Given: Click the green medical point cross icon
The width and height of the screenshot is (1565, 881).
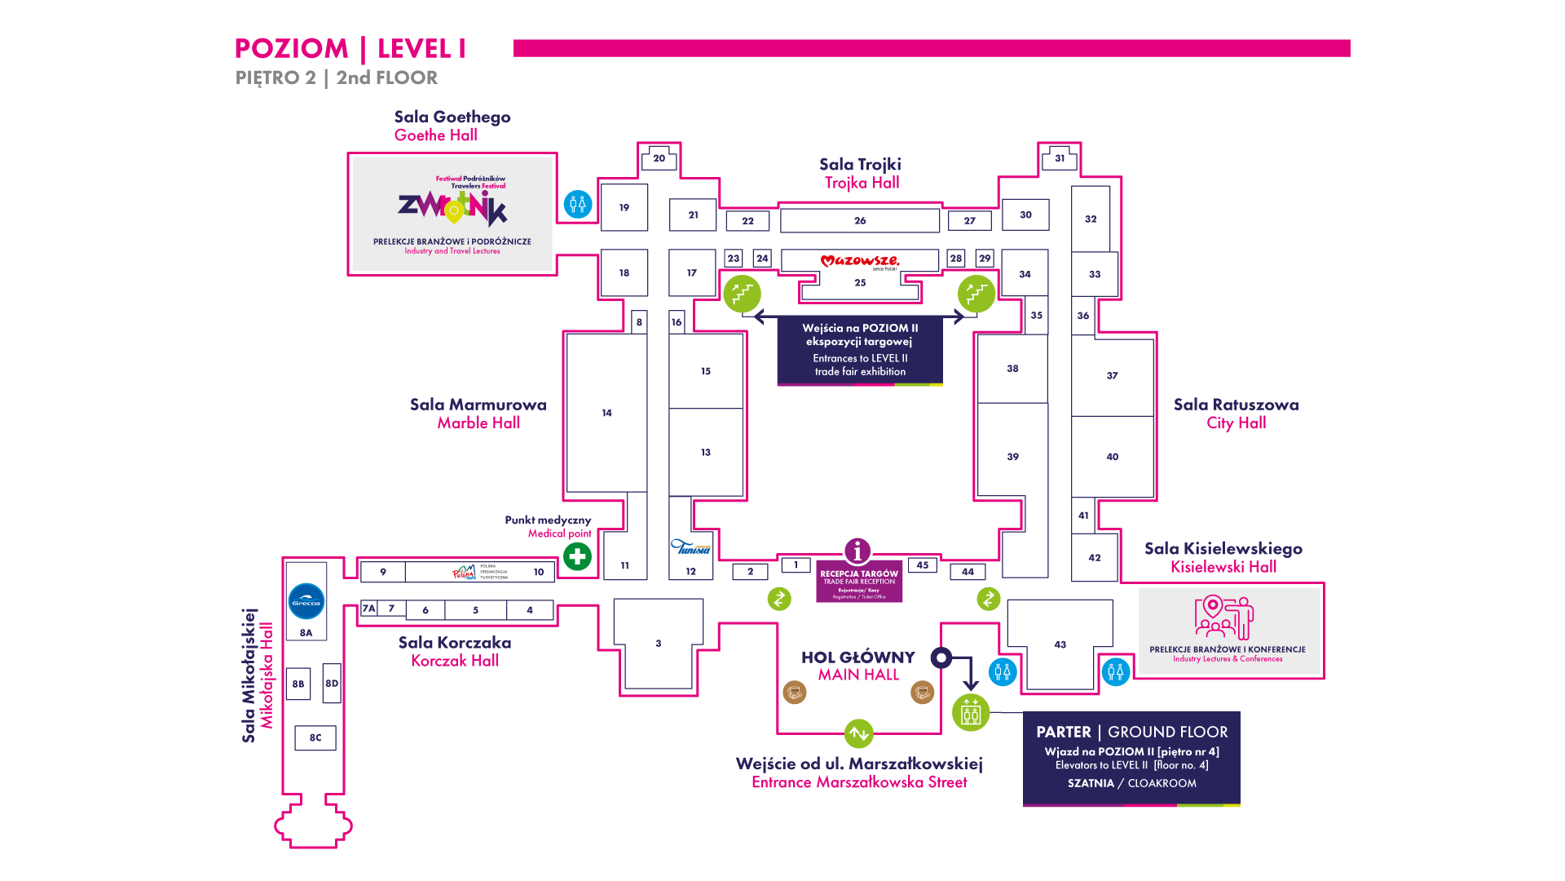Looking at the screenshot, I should point(577,557).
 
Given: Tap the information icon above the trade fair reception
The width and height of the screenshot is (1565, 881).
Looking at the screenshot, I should point(857,551).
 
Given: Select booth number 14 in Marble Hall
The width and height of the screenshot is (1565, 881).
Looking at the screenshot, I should point(606,413).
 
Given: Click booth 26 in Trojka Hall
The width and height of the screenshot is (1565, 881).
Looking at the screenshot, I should point(860,220).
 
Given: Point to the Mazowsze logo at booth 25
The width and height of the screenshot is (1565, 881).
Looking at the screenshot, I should point(860,261).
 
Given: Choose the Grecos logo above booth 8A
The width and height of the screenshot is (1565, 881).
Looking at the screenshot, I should point(306,602).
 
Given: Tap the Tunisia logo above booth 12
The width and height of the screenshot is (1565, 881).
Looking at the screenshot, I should point(690,547).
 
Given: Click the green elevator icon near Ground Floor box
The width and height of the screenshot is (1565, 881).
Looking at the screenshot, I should point(971,712).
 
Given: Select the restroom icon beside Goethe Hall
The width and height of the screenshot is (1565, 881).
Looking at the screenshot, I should point(578,203).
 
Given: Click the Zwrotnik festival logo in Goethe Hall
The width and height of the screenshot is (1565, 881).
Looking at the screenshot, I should point(452,207).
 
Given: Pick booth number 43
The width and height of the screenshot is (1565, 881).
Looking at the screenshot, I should point(1060,644).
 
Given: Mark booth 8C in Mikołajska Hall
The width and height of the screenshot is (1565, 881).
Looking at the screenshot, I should point(315,737).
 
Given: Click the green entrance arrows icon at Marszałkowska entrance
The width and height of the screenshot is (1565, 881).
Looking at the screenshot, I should point(858,733).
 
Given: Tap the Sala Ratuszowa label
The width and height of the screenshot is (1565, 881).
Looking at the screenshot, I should point(1236,405).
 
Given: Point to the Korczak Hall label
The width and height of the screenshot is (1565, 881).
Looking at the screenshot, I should point(455,661).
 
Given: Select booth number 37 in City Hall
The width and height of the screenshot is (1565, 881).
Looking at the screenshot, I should point(1112,375).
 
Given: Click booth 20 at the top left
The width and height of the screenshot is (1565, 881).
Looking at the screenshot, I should point(659,158).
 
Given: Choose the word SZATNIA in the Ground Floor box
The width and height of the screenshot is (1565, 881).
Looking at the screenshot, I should point(1091,783).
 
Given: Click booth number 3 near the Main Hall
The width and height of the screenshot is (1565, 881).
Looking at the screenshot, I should point(659,644).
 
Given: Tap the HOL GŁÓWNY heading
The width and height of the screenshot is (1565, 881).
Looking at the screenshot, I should point(857,657).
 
